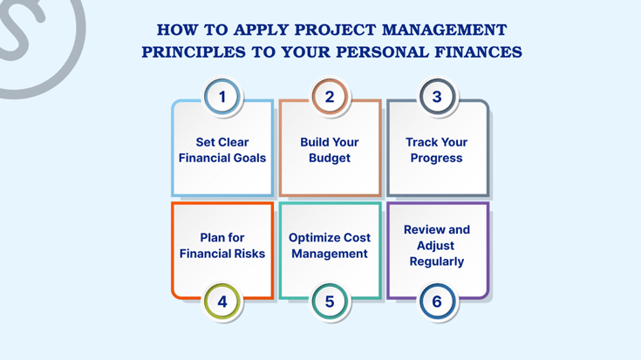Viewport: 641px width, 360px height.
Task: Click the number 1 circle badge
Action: pyautogui.click(x=222, y=97)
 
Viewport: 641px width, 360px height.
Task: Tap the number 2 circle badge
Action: pyautogui.click(x=330, y=97)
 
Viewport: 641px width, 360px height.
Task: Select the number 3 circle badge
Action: pyautogui.click(x=437, y=97)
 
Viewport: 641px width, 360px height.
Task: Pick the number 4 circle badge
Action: pyautogui.click(x=222, y=302)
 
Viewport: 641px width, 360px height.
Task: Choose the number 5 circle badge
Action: pyautogui.click(x=330, y=302)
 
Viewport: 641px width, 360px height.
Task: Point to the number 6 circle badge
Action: pyautogui.click(x=437, y=302)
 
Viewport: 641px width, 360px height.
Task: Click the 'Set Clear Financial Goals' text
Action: pyautogui.click(x=222, y=150)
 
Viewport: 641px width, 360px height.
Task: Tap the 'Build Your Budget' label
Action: pyautogui.click(x=330, y=150)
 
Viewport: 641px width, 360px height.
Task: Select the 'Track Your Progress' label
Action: pyautogui.click(x=437, y=150)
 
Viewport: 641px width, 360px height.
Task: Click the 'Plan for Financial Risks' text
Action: pyautogui.click(x=222, y=246)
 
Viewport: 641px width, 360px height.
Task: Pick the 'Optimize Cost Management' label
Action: pyautogui.click(x=330, y=246)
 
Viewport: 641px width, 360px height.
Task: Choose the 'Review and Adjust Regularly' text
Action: pyautogui.click(x=437, y=246)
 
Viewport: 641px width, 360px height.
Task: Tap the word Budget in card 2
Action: pyautogui.click(x=330, y=159)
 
